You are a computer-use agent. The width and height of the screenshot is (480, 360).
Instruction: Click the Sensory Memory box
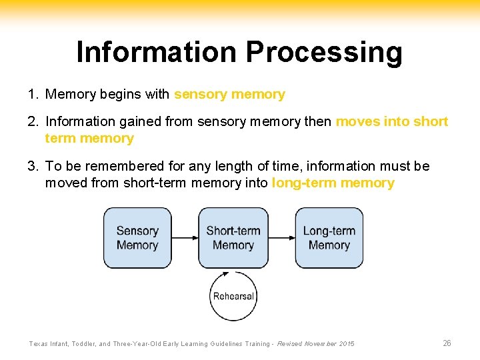click(x=137, y=238)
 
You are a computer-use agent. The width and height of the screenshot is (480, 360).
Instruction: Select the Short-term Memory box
click(x=233, y=238)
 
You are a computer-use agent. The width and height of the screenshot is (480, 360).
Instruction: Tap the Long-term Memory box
click(x=329, y=238)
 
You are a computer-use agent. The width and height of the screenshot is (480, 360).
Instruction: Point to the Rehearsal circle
click(x=233, y=296)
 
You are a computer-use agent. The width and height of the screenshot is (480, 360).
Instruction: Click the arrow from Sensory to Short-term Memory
click(x=185, y=238)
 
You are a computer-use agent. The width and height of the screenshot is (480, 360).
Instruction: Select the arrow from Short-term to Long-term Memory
click(x=281, y=238)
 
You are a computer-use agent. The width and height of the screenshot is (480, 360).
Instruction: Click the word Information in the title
click(x=156, y=52)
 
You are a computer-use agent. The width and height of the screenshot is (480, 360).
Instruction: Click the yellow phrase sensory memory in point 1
click(x=229, y=95)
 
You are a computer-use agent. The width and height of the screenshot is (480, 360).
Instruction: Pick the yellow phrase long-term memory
click(x=333, y=183)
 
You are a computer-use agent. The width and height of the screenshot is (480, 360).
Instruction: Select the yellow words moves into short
click(x=392, y=122)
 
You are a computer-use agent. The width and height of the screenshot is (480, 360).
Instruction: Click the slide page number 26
click(x=447, y=343)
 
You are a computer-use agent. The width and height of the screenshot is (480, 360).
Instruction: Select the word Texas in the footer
click(x=39, y=344)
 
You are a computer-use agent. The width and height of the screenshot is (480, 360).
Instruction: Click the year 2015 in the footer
click(x=347, y=344)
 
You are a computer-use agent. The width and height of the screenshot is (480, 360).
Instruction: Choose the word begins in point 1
click(x=121, y=95)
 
